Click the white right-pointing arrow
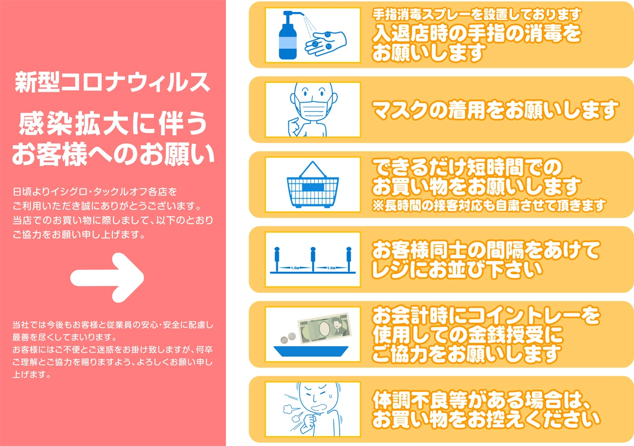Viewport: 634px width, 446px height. point(107,278)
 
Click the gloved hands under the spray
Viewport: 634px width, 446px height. point(325,43)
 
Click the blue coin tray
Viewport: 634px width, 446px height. point(311,351)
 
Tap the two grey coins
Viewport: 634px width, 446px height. point(288,338)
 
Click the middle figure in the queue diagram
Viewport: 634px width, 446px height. point(313,259)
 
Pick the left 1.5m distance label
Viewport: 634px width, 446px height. point(295,268)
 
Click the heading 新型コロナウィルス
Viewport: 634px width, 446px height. point(112,82)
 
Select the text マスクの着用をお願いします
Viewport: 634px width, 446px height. point(495,110)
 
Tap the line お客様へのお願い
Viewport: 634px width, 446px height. point(113,154)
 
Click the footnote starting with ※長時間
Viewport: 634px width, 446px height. point(489,205)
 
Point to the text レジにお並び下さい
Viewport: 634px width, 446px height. point(457,269)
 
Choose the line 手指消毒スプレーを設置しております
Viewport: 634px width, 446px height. point(476,14)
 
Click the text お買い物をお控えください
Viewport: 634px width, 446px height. point(486,419)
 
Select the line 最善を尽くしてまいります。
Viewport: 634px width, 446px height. point(64,337)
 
